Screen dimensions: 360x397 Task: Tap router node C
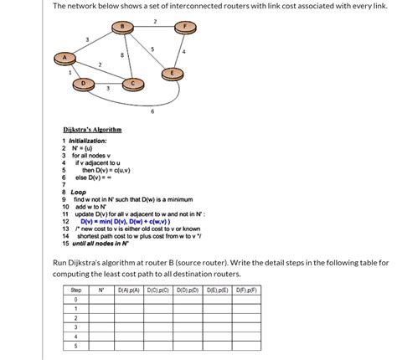coord(131,83)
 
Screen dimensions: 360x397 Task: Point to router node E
coord(173,73)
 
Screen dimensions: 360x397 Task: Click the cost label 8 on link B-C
coord(122,55)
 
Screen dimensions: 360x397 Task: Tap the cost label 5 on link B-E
coord(152,49)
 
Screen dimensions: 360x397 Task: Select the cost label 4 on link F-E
coord(183,53)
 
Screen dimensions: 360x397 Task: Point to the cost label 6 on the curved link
coord(152,111)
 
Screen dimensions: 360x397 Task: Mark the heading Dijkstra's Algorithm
coord(93,130)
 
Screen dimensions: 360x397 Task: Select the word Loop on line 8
coord(79,191)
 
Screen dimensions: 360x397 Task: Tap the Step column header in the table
coord(76,290)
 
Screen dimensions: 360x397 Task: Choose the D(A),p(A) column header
coord(129,290)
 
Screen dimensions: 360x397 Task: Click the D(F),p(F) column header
coord(249,290)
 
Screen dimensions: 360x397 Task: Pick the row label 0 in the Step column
coord(76,299)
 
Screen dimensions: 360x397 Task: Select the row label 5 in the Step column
coord(76,345)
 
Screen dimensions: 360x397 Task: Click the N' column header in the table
coord(101,290)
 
